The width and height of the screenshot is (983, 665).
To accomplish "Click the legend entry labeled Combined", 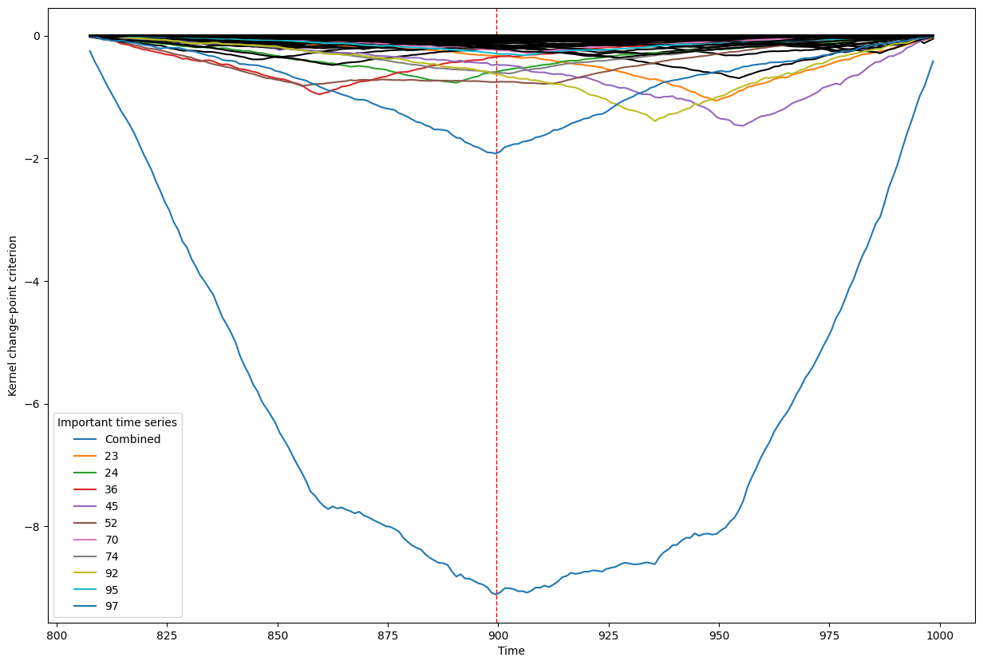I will click(132, 439).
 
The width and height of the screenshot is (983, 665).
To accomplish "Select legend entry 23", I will click(112, 456).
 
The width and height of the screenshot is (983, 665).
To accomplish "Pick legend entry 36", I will click(112, 489).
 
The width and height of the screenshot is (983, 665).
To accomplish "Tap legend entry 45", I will click(112, 506).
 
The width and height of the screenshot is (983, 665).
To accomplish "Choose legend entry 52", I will click(112, 523).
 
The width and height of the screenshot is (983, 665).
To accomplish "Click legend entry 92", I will click(112, 573).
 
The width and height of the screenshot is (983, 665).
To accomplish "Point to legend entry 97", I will click(112, 607).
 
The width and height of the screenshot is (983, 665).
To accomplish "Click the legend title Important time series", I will click(117, 422).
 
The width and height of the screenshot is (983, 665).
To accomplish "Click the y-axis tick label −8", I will click(35, 527).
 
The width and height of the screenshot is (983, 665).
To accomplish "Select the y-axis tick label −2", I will click(35, 159).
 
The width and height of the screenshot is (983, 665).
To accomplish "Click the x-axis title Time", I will click(511, 651).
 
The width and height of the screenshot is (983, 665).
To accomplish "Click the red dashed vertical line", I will click(497, 319).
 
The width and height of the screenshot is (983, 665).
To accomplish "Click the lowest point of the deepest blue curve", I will click(495, 594).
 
